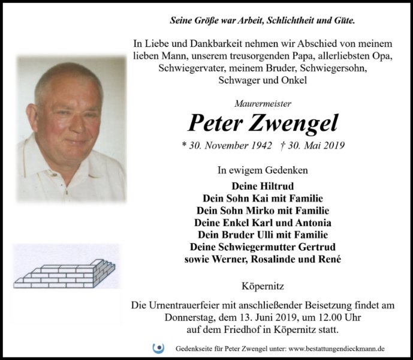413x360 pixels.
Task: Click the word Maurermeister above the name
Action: (263, 104)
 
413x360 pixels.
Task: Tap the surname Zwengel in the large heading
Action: (296, 123)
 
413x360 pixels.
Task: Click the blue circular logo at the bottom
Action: (159, 348)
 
